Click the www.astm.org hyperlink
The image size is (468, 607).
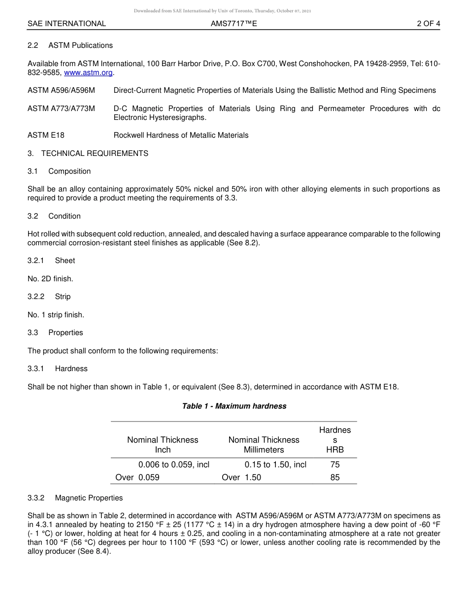point(89,73)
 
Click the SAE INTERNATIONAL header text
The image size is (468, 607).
point(67,24)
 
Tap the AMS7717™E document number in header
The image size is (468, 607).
point(234,24)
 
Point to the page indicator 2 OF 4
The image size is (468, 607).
point(428,24)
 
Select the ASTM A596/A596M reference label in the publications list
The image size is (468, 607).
point(61,90)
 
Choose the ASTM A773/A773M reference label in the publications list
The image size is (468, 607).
point(61,109)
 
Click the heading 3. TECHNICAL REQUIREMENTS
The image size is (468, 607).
point(88,153)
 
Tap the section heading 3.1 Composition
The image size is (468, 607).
point(59,171)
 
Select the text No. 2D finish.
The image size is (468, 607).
point(50,279)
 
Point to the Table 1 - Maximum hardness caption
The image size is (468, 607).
point(234,406)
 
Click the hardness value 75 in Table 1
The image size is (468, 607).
point(335,464)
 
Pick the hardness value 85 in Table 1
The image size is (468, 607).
point(335,477)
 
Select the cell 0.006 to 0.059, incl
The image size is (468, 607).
point(174,464)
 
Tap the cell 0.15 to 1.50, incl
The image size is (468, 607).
point(275,464)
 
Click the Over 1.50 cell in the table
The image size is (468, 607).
point(241,477)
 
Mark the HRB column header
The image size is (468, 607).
point(335,450)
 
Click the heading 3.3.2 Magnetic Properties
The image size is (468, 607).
point(75,498)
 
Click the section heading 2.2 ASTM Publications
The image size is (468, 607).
point(70,45)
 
